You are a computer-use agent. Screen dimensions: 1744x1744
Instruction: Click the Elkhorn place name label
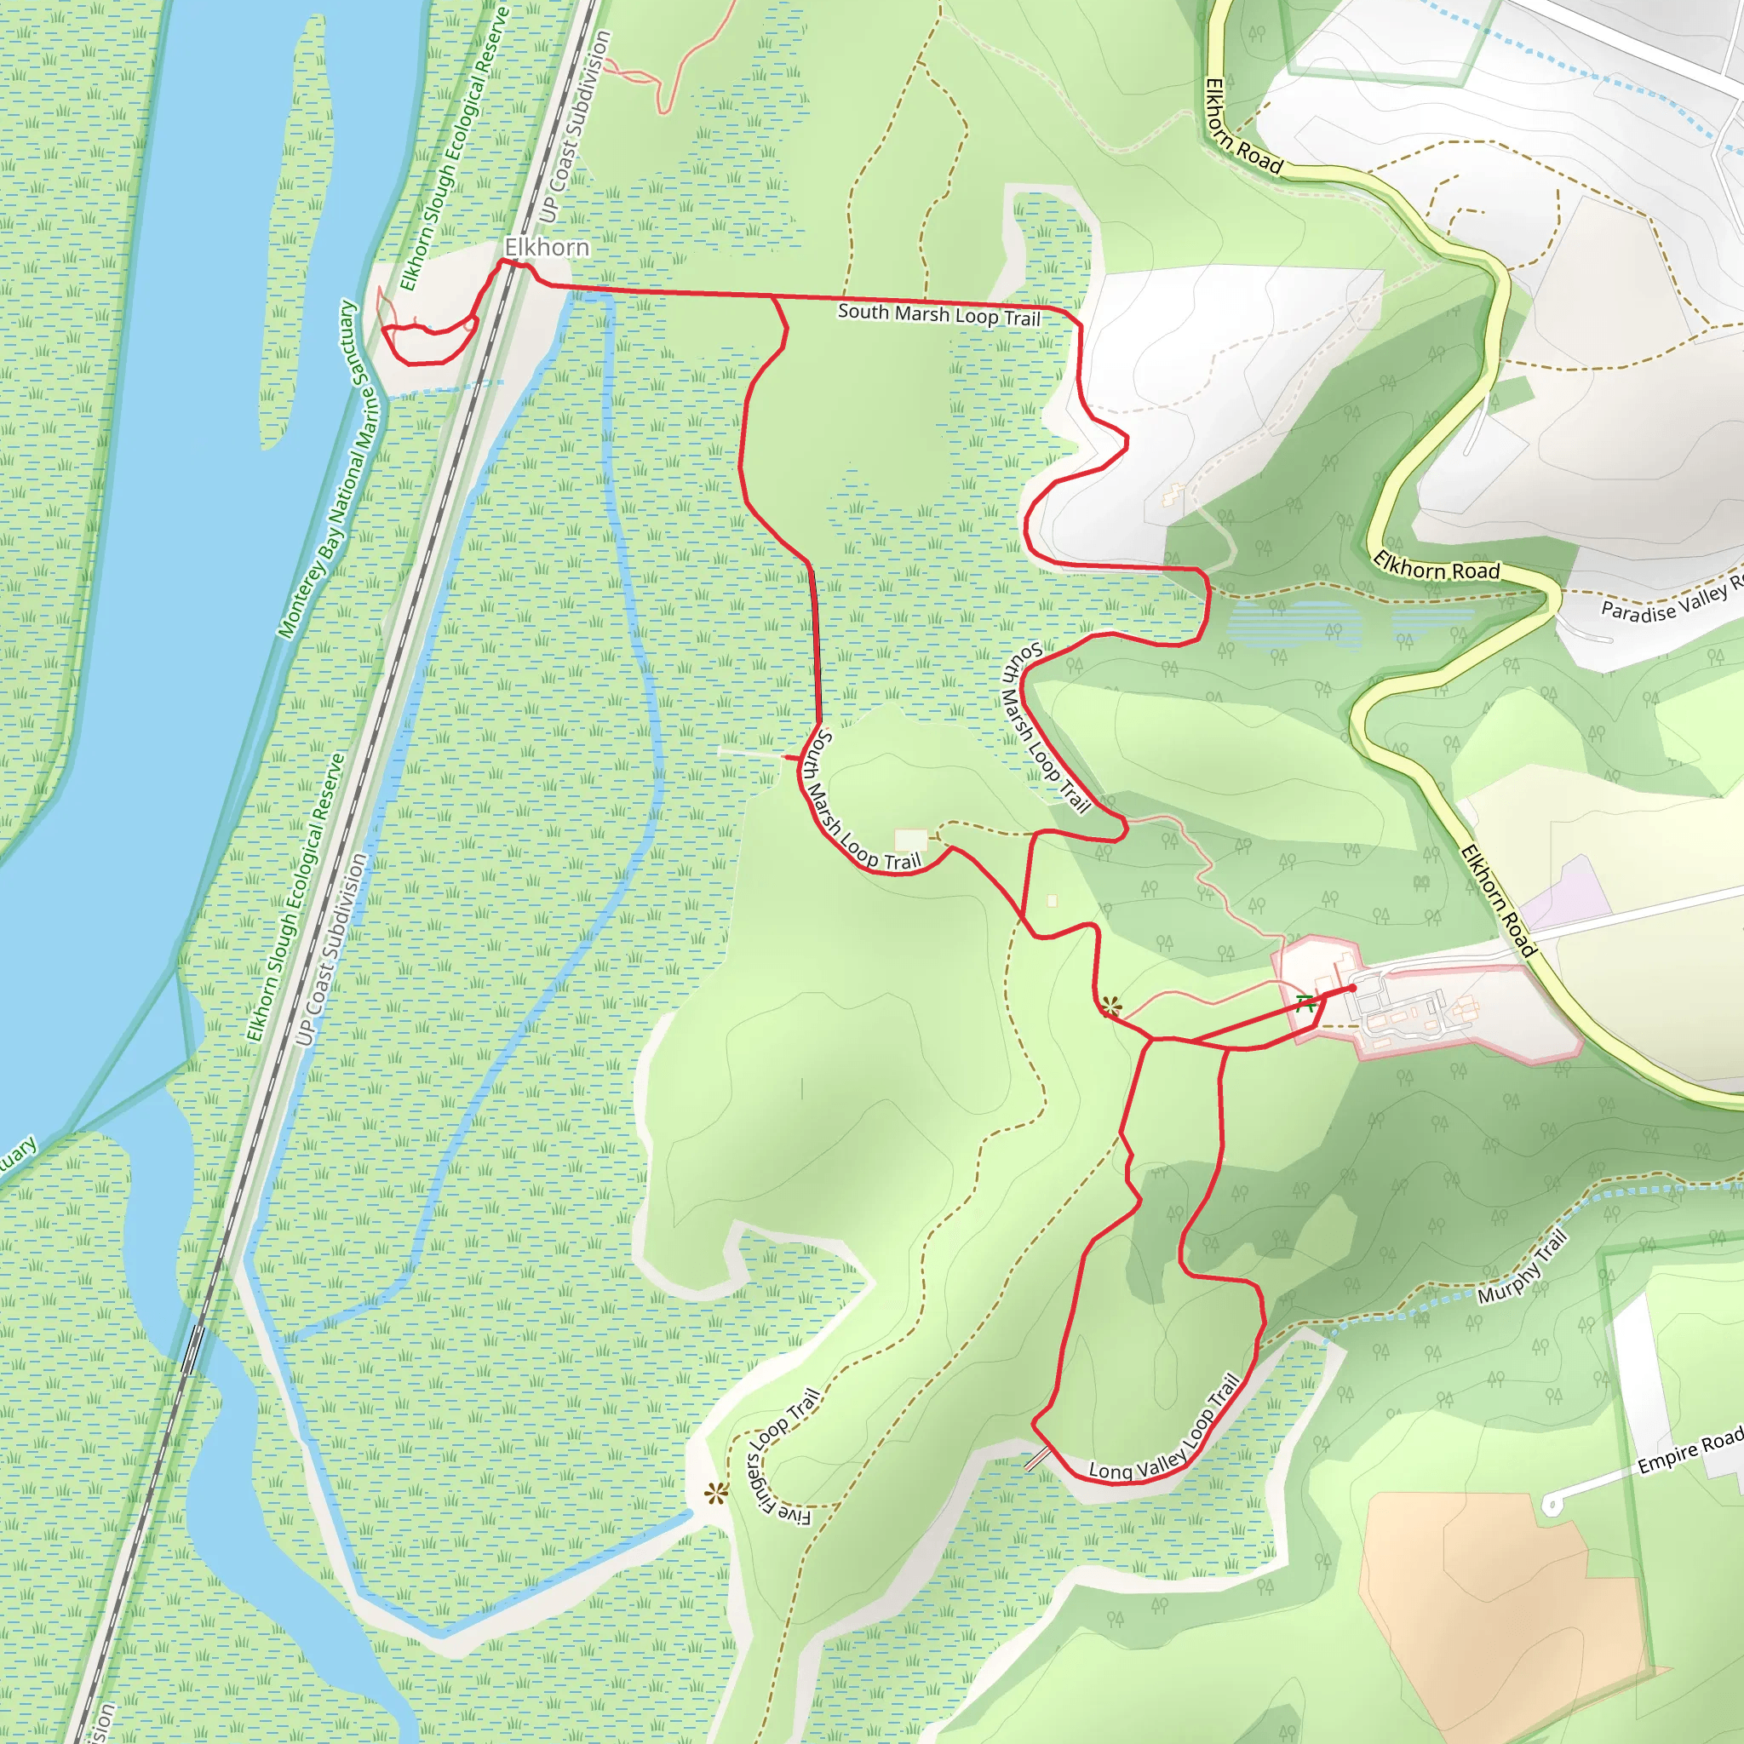(546, 246)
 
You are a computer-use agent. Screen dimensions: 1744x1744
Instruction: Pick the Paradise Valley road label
(1670, 601)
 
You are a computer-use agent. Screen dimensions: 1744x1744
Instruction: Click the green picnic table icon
(1305, 1003)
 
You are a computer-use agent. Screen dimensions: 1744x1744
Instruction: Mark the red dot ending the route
(1352, 989)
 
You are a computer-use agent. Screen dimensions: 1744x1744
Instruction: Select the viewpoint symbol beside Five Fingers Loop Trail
(717, 1494)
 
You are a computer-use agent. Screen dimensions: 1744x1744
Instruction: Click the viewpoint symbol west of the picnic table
(1111, 1007)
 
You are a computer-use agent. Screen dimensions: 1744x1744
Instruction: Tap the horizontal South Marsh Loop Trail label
(938, 314)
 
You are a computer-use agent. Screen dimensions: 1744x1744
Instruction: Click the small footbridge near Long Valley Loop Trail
(1038, 1458)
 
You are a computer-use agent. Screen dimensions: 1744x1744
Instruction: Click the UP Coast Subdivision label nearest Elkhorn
(575, 127)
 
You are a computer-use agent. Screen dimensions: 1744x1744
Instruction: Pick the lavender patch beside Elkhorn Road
(1580, 893)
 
